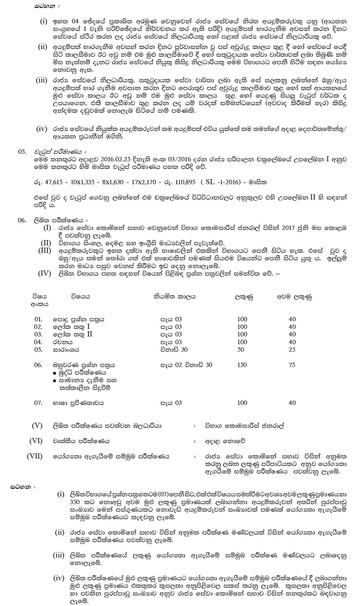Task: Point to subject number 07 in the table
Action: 38,403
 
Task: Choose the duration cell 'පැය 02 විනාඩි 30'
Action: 186,365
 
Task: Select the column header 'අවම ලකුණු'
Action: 294,297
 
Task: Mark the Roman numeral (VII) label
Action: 35,456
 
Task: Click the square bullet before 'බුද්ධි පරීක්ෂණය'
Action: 54,373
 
